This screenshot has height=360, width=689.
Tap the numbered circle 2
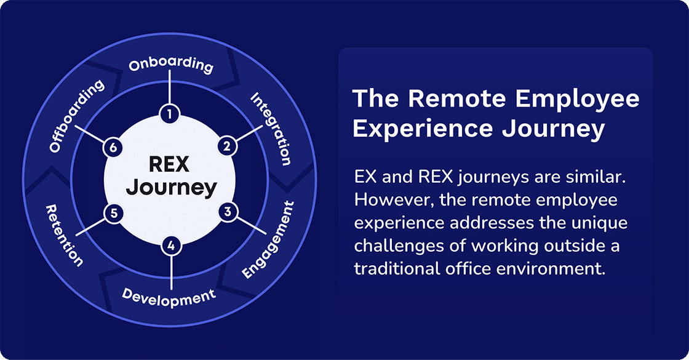(x=227, y=146)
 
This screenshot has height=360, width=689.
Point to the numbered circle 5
(x=113, y=214)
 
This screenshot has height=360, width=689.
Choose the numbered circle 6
(x=112, y=147)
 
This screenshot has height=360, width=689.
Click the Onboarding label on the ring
(x=171, y=65)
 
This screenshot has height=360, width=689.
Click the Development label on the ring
(x=169, y=296)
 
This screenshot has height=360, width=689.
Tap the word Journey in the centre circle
(x=171, y=187)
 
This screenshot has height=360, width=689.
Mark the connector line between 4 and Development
(x=171, y=271)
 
